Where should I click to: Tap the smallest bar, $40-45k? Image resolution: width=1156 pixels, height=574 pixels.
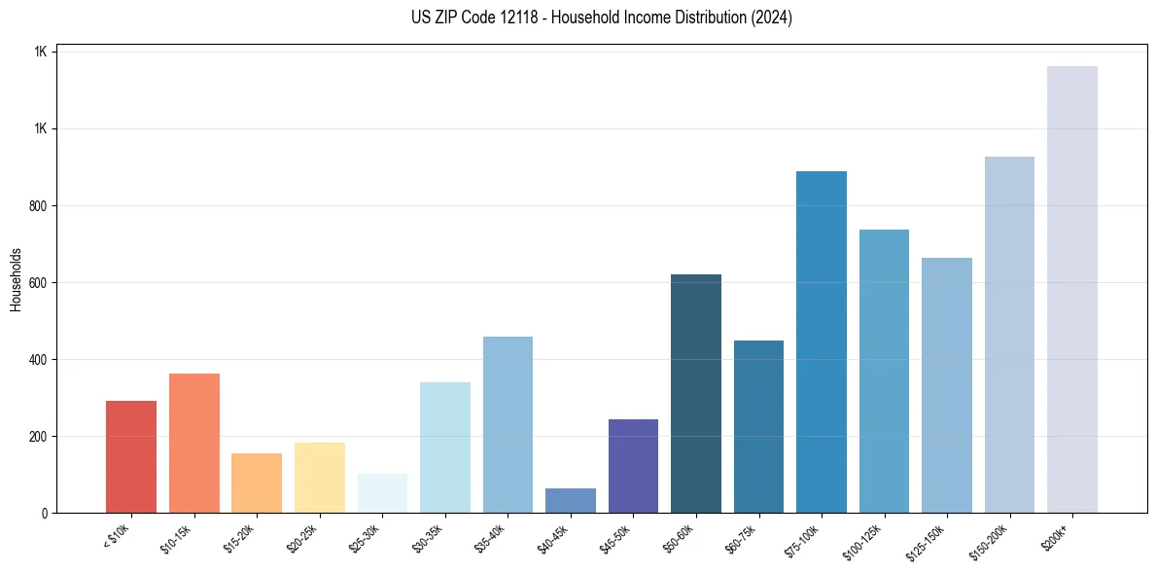[x=571, y=501]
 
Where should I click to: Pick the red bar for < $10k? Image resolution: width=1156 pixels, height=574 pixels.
[x=131, y=457]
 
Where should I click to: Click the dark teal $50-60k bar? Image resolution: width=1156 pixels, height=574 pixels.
[x=696, y=394]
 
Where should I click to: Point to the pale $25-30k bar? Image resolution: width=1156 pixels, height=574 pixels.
[x=382, y=494]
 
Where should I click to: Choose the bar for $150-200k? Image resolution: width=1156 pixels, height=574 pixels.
[x=1009, y=335]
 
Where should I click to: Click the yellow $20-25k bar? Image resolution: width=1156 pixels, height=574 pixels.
[x=320, y=478]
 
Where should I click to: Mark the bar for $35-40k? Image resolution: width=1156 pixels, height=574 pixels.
[x=508, y=425]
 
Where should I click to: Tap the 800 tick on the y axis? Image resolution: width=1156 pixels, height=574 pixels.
[x=38, y=206]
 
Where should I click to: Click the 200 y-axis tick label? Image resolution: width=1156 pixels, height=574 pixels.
[x=38, y=437]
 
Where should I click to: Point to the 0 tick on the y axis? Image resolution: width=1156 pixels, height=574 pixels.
[x=45, y=514]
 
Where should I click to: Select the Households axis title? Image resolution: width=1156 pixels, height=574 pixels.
[x=16, y=279]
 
